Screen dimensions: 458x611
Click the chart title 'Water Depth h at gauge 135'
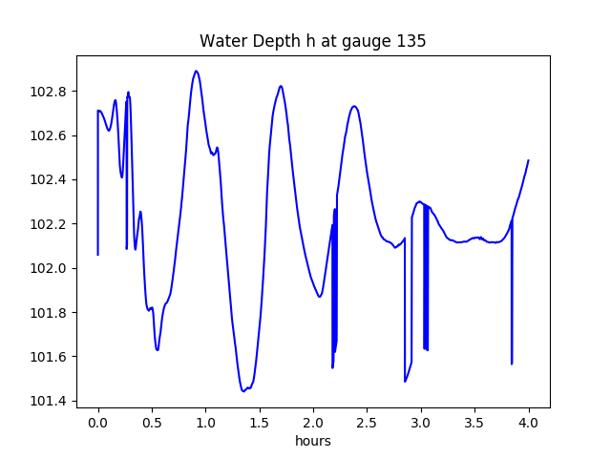click(312, 41)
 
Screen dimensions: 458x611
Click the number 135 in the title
click(411, 41)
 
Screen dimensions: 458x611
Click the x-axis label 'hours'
click(312, 442)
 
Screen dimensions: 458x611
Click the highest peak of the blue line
click(196, 71)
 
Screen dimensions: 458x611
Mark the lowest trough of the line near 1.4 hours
click(243, 390)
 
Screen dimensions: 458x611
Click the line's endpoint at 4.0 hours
click(528, 160)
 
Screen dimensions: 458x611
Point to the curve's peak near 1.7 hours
click(281, 86)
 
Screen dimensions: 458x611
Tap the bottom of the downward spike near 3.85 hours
click(512, 364)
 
